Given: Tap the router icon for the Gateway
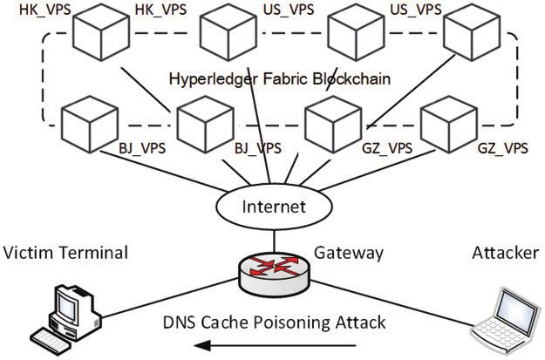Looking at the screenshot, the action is (x=274, y=275).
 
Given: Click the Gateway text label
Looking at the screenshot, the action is (x=349, y=254).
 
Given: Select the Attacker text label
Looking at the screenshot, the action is (x=506, y=253).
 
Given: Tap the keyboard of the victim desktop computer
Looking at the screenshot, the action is (x=50, y=341).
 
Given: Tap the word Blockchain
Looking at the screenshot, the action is (x=351, y=78).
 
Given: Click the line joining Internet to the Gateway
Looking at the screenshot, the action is (x=274, y=241).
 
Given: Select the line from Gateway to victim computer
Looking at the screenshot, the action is (x=170, y=298).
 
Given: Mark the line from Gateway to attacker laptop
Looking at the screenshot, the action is (x=392, y=303).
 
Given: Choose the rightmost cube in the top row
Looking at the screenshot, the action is (x=472, y=32).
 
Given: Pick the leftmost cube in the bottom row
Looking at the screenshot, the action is (x=90, y=125).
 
